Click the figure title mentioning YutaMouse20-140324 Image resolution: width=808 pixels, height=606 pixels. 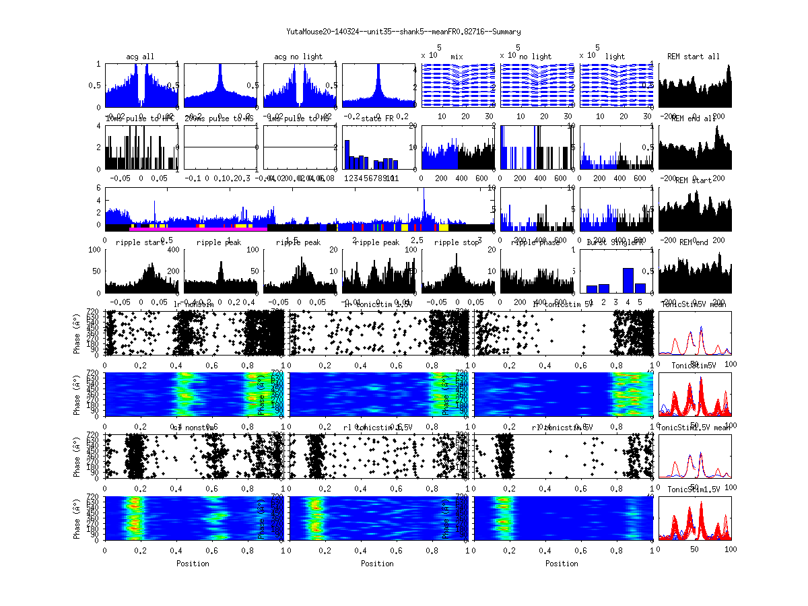[403, 32]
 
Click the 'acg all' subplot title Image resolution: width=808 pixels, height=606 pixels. [140, 57]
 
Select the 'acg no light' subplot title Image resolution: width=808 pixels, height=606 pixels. [298, 57]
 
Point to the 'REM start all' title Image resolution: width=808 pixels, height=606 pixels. [694, 57]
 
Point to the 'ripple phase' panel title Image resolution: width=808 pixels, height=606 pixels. [536, 242]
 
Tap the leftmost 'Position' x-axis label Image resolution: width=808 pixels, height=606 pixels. [193, 564]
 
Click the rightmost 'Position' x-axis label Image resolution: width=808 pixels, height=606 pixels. [562, 564]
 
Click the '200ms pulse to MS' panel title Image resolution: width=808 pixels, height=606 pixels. [220, 119]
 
